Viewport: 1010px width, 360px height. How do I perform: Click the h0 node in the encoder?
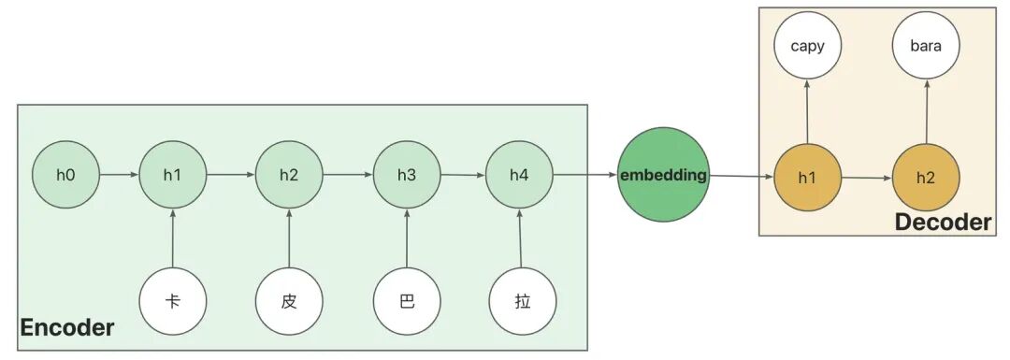65,175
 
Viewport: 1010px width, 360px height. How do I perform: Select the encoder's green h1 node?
173,175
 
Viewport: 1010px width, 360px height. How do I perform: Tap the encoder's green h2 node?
289,175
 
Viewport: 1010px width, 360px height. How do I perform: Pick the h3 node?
407,175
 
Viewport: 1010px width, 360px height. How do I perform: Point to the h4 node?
519,175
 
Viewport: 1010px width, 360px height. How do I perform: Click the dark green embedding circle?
663,175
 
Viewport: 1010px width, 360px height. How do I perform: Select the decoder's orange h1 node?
807,178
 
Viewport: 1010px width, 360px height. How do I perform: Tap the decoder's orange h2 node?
926,178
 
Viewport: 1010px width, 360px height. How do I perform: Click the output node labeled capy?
807,47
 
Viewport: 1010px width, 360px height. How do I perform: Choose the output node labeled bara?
926,47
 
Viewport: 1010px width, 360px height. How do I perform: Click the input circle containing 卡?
173,301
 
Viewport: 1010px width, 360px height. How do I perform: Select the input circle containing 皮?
289,301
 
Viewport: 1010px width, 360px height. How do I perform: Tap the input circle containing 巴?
407,301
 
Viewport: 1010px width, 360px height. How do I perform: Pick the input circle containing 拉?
523,301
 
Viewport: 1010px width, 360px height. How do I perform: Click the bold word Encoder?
67,328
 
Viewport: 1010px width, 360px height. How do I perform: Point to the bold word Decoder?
944,223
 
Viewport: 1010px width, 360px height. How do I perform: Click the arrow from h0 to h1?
119,175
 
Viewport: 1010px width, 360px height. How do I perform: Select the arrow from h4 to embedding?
584,175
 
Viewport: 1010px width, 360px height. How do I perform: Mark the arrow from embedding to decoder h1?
742,176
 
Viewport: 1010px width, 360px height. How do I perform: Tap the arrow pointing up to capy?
807,112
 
